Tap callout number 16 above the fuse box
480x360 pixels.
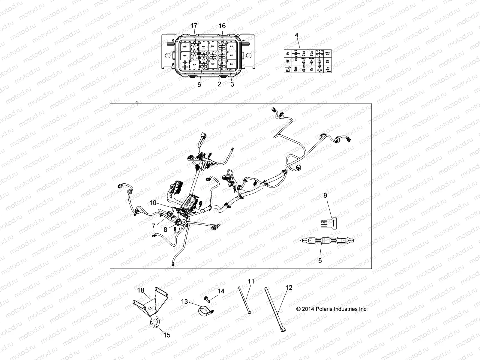point(222,26)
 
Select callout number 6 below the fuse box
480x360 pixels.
point(199,85)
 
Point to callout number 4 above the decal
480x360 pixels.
point(296,35)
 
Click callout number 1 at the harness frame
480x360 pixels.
point(137,103)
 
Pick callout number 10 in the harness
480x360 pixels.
point(153,203)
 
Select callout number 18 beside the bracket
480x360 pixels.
point(141,290)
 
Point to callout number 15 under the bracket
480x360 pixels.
point(167,335)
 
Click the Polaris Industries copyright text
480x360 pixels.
point(331,309)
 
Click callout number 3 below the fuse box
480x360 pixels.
point(232,85)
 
